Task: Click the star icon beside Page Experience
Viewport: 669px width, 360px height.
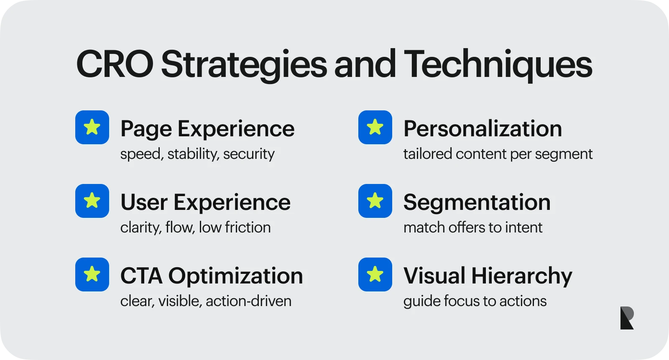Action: pos(92,127)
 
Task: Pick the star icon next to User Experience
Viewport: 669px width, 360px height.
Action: pos(92,201)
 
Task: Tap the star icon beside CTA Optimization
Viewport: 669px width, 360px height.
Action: pos(92,274)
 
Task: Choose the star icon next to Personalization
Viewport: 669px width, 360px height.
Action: pos(375,127)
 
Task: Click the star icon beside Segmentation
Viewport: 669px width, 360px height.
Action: pos(375,201)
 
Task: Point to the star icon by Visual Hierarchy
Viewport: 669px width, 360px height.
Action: pos(375,274)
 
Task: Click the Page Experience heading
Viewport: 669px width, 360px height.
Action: pos(207,129)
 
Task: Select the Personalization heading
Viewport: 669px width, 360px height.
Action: pos(483,129)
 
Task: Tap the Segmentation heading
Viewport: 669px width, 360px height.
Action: pos(477,202)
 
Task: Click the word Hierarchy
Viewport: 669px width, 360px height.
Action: pos(522,276)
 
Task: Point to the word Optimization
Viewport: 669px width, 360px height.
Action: pos(235,276)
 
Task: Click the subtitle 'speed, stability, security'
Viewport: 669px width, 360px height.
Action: pos(197,154)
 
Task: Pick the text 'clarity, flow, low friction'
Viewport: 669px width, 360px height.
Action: pos(195,227)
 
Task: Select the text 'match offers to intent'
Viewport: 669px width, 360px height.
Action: pos(472,227)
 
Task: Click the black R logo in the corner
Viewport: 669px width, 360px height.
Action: pos(627,318)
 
